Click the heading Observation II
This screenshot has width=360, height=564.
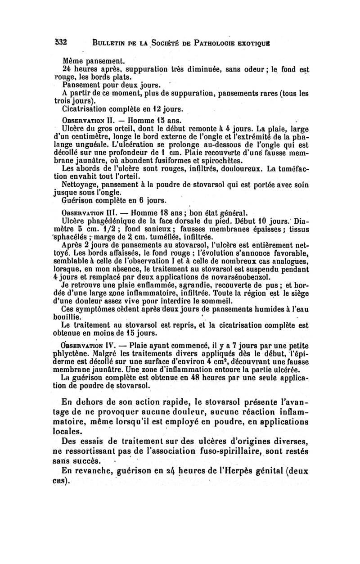pos(89,120)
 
